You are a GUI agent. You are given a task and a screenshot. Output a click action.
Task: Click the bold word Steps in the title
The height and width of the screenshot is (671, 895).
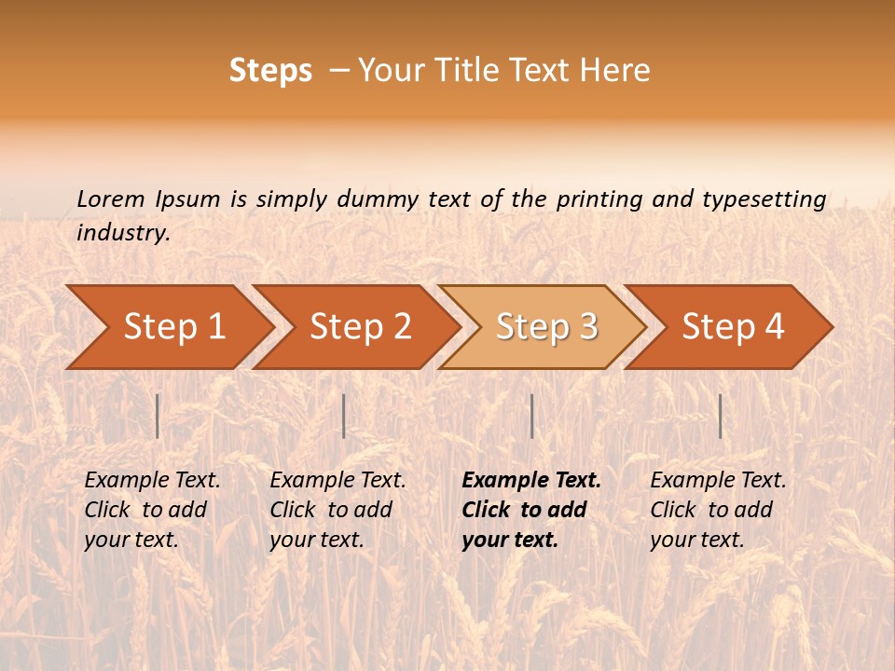click(270, 71)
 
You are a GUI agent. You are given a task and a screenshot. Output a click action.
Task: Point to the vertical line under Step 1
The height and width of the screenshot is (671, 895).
click(158, 416)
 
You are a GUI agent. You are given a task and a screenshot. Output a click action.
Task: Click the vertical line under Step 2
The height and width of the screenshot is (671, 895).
click(344, 416)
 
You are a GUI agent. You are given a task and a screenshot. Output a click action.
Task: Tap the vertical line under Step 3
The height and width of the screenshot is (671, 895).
click(531, 416)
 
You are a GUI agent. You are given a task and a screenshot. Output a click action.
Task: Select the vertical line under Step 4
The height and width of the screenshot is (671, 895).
click(720, 416)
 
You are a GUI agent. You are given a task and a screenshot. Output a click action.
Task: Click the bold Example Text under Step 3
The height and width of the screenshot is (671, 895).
click(531, 481)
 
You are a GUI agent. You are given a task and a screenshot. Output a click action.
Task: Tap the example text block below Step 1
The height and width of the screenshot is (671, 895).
click(152, 510)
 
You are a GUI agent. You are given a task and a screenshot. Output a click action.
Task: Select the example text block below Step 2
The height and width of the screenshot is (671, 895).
click(337, 510)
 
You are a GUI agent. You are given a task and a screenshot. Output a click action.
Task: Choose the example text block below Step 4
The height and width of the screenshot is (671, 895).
click(718, 510)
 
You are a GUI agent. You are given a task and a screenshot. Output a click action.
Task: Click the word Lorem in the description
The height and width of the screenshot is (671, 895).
click(111, 199)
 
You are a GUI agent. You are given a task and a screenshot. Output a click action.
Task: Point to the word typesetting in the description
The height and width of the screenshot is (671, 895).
click(764, 199)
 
